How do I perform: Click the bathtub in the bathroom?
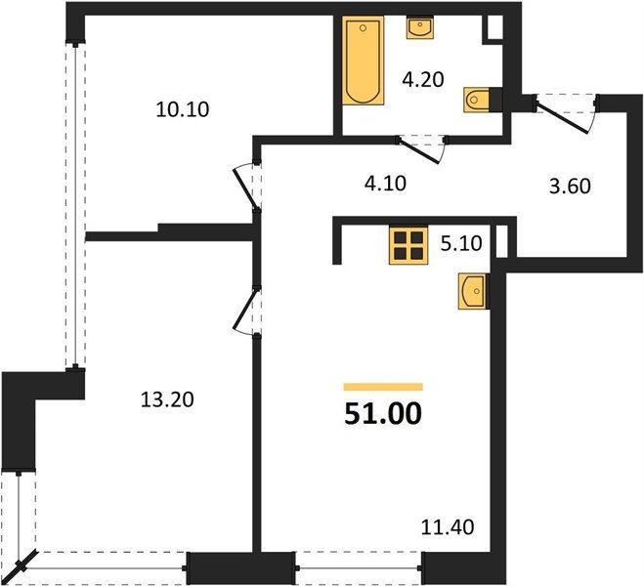[x=364, y=61]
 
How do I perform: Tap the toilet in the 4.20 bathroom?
[x=477, y=100]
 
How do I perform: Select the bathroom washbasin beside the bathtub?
[x=420, y=27]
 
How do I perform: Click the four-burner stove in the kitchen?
[x=408, y=245]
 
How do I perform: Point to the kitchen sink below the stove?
[x=472, y=291]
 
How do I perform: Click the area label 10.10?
[x=183, y=109]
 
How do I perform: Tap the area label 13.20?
[x=167, y=399]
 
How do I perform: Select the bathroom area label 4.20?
[x=423, y=80]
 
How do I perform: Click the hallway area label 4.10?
[x=385, y=184]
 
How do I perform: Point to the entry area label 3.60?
[x=570, y=187]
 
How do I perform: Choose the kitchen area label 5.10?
[x=461, y=243]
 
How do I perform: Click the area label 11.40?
[x=448, y=527]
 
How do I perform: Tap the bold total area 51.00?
[x=383, y=413]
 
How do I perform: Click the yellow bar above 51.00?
[x=383, y=387]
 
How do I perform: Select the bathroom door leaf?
[x=419, y=151]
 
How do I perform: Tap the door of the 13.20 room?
[x=245, y=309]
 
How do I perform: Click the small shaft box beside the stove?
[x=502, y=241]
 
